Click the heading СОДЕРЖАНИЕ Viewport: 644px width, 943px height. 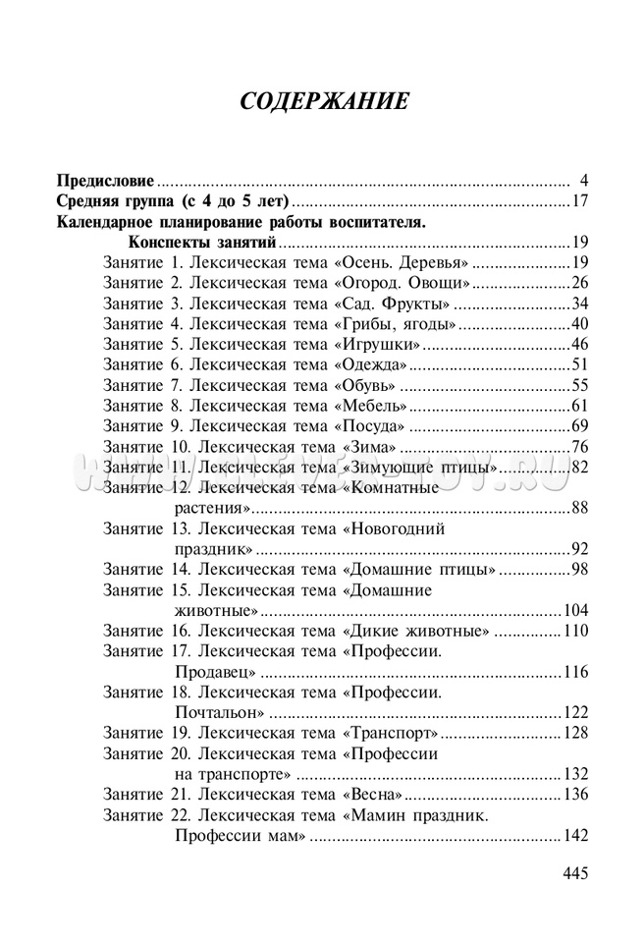(323, 101)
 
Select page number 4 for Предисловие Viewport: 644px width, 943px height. (583, 181)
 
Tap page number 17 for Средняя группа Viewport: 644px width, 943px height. (578, 201)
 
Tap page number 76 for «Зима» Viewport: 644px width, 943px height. (578, 447)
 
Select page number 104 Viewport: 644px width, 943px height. (574, 609)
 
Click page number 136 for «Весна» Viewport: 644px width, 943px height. (574, 794)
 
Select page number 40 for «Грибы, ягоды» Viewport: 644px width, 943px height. (578, 323)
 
